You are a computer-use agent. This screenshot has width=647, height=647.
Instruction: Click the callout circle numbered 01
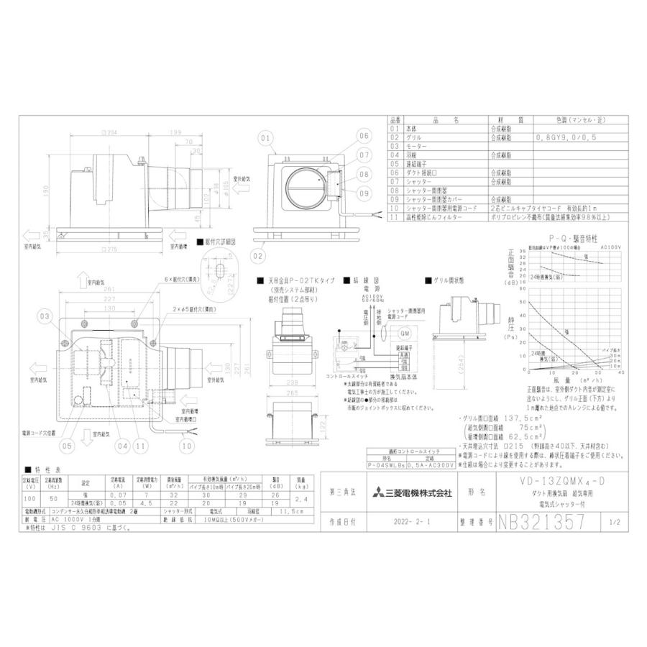tap(265, 136)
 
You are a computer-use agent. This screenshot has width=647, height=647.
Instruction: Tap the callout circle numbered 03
tap(46, 316)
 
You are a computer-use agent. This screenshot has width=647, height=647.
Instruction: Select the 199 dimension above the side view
tap(175, 134)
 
